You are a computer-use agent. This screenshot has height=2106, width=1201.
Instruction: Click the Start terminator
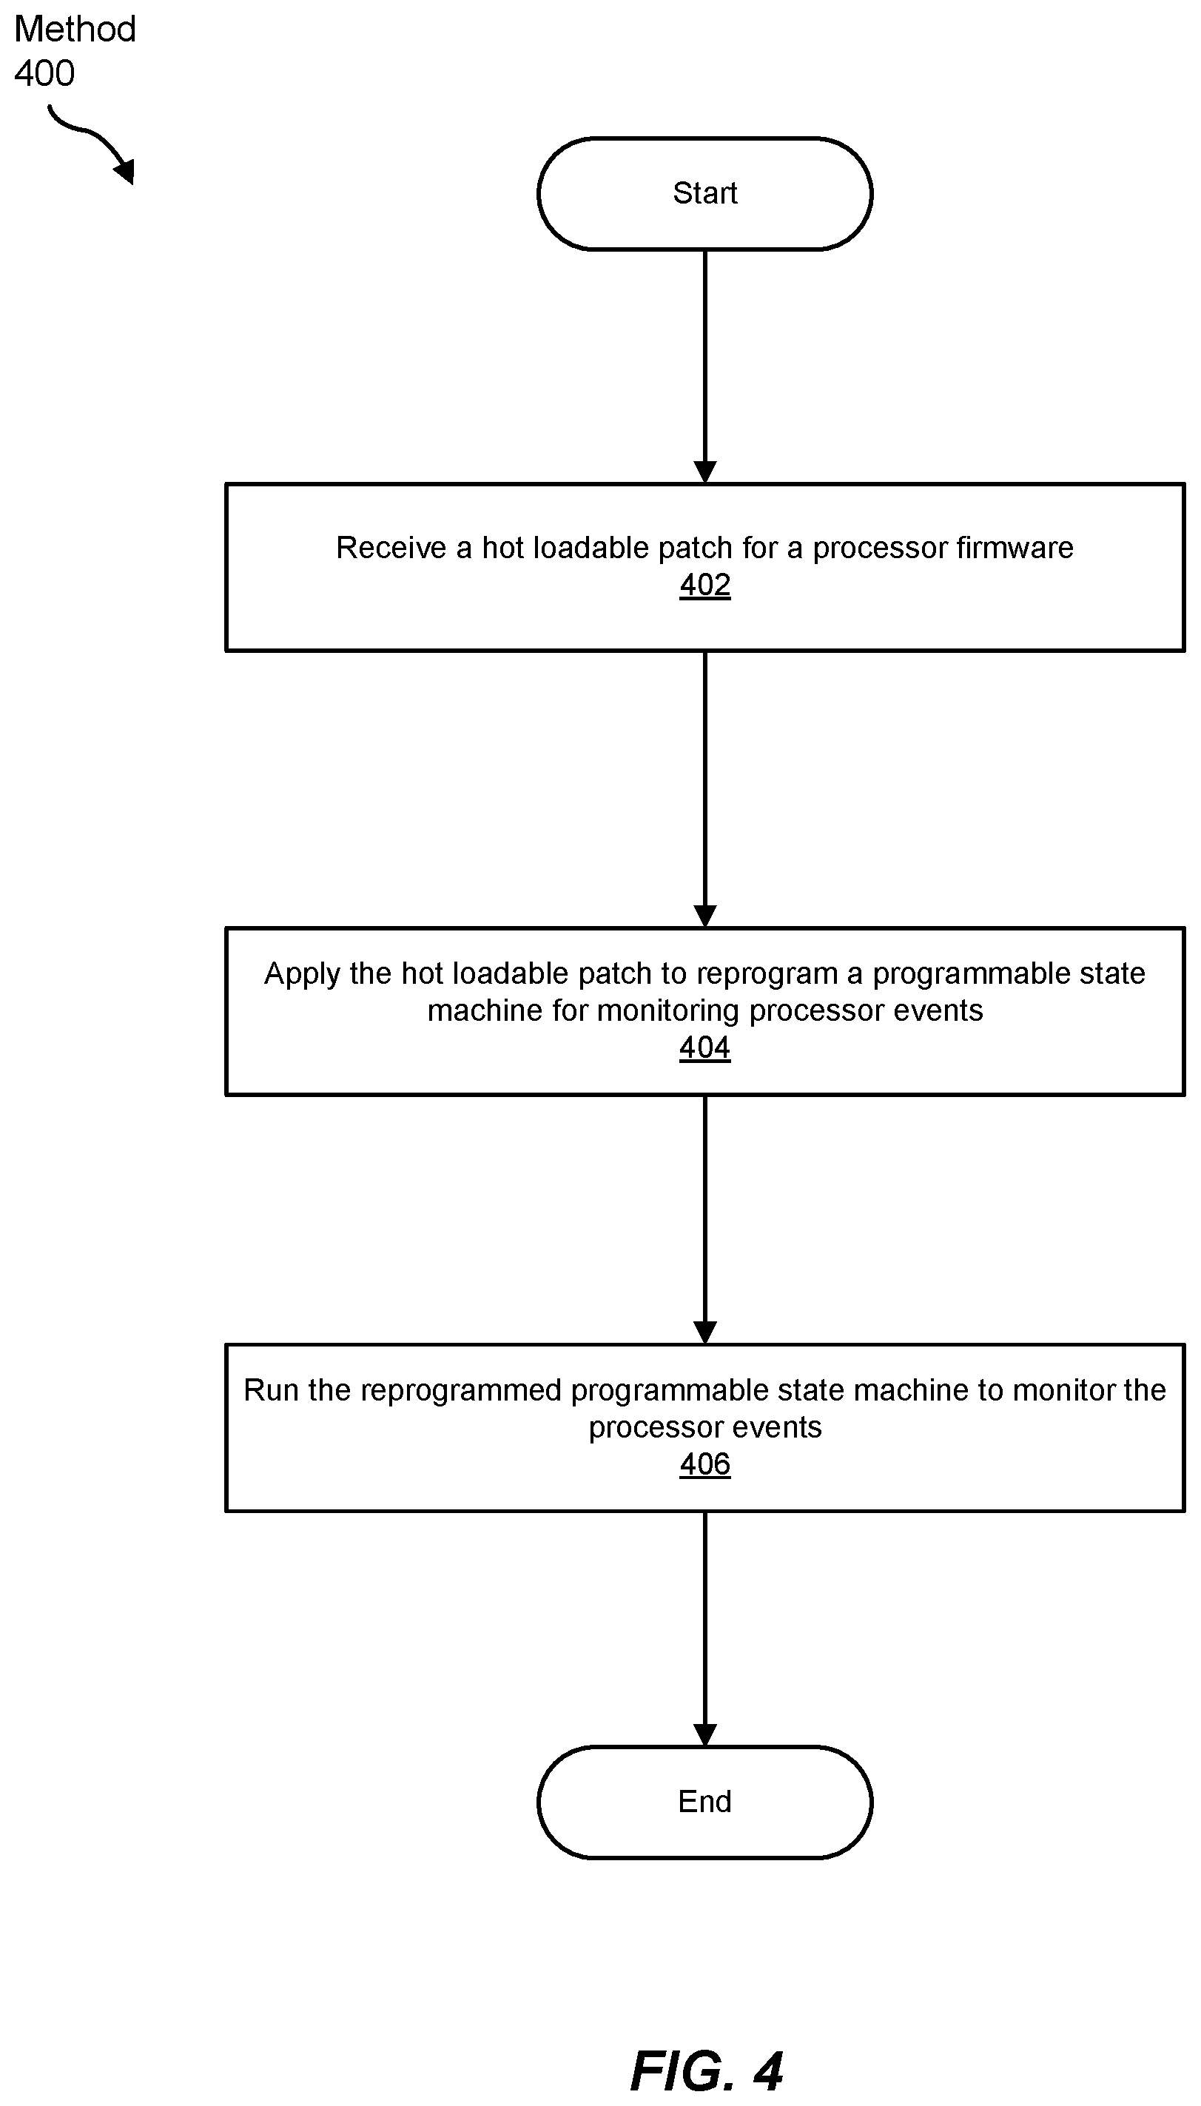click(x=704, y=193)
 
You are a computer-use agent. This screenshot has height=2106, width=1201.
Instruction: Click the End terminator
click(x=704, y=1802)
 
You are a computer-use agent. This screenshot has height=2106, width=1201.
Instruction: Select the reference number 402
click(x=705, y=585)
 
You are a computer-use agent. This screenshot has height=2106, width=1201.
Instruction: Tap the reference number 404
click(x=705, y=1047)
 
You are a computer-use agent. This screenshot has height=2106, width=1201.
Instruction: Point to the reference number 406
click(x=705, y=1464)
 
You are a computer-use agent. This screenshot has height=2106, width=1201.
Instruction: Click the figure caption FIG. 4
click(x=706, y=2071)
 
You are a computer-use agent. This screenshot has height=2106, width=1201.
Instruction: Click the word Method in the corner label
click(x=75, y=29)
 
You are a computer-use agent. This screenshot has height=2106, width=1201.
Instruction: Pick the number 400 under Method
click(x=44, y=73)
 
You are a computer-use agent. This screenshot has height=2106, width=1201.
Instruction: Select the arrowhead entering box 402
click(x=705, y=472)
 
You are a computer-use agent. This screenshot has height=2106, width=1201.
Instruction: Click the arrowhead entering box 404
click(x=705, y=916)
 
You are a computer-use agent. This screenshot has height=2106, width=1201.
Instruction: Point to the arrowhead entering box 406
click(x=705, y=1333)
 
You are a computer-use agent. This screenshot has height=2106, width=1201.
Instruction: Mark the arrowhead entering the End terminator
click(x=705, y=1735)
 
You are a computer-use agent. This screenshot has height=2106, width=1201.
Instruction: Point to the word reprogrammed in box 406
click(x=461, y=1392)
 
